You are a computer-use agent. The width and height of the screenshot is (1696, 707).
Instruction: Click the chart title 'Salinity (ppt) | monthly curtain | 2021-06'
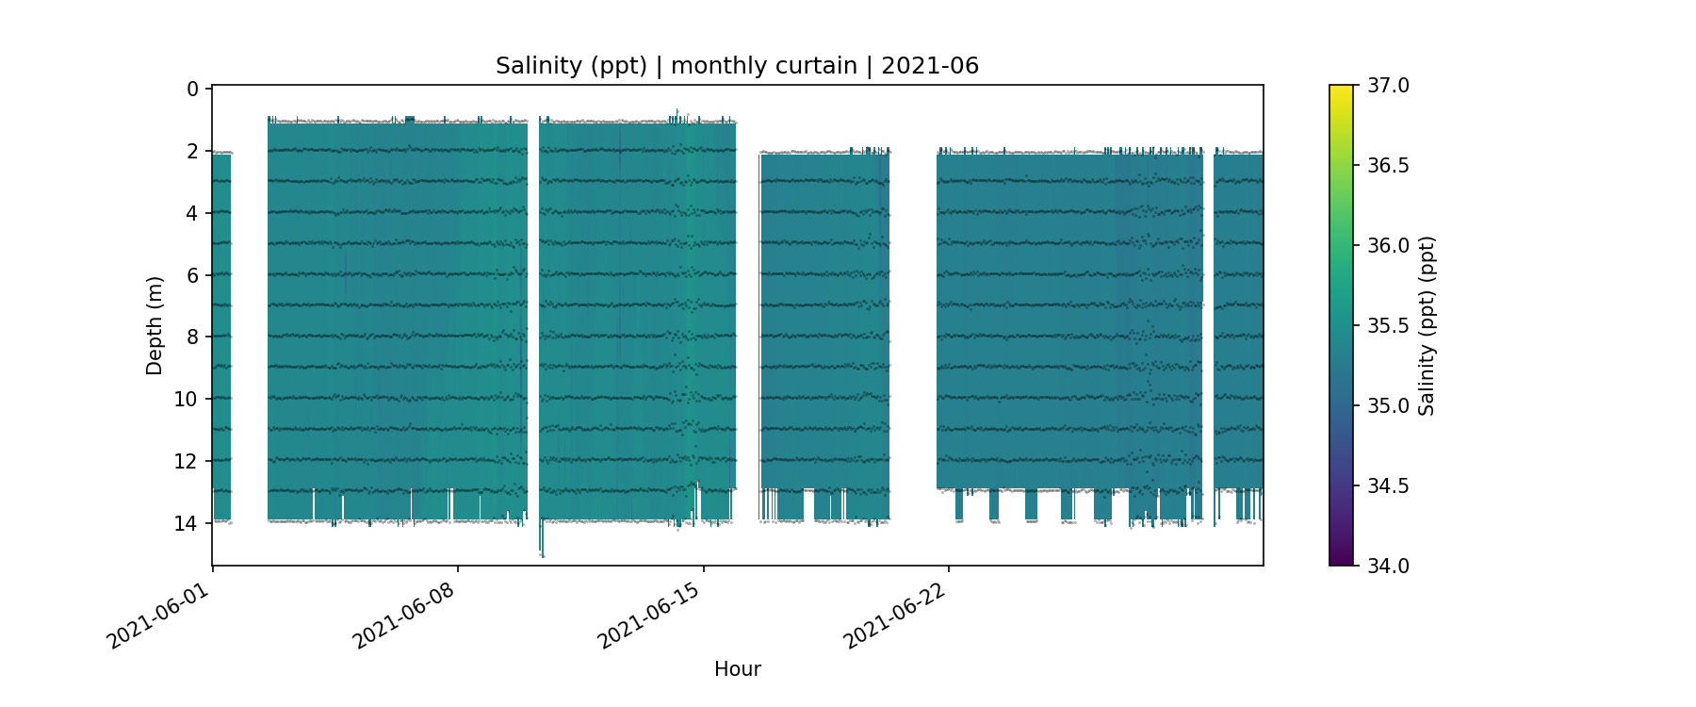pos(737,66)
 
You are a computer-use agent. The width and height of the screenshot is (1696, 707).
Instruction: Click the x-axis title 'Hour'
pos(737,669)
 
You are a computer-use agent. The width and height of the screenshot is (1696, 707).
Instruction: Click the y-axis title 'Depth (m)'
pos(155,325)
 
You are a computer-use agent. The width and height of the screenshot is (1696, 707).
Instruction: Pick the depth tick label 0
pos(192,90)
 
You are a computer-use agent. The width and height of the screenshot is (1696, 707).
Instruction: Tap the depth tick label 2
pos(192,152)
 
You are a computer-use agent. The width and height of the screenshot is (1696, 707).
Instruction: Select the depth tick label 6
pos(192,275)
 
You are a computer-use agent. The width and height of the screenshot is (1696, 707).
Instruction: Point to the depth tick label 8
pos(192,337)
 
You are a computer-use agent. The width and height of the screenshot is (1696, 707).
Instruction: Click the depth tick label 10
pos(187,400)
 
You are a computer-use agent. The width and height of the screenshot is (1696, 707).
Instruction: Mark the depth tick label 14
pos(187,523)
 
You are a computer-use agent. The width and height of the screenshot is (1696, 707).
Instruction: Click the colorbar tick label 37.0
pos(1388,86)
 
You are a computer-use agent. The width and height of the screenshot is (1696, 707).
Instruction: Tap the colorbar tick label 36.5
pos(1388,166)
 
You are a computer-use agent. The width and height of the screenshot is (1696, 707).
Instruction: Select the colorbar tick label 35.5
pos(1388,326)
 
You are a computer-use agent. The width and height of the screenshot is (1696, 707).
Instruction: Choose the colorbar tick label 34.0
pos(1388,566)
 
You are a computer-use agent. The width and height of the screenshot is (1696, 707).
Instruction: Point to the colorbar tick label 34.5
pos(1388,486)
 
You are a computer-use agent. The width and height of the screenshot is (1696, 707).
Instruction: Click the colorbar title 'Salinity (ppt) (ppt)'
pos(1427,325)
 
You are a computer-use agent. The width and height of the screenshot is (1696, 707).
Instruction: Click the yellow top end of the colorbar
pos(1341,90)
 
